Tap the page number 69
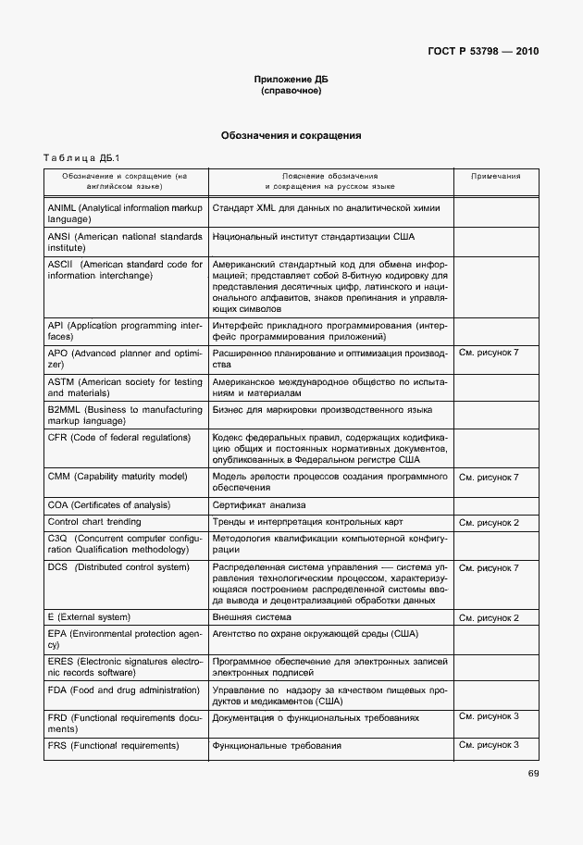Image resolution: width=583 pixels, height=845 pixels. click(x=533, y=774)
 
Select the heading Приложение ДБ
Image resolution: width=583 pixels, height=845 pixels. click(x=291, y=80)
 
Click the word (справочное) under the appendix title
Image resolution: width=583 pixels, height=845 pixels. click(x=291, y=91)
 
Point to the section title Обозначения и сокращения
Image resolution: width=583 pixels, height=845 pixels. click(x=291, y=136)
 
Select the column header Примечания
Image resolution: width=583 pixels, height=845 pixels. click(x=495, y=176)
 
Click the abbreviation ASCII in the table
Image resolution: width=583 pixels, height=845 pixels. click(x=59, y=265)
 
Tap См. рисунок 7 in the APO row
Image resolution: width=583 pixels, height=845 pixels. click(x=489, y=354)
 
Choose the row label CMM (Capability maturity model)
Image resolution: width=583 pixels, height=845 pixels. click(x=117, y=476)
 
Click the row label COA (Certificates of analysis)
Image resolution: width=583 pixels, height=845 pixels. click(x=109, y=505)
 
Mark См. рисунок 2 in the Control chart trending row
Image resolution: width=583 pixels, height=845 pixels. click(x=489, y=523)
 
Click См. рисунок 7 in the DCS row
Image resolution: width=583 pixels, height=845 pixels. click(x=489, y=567)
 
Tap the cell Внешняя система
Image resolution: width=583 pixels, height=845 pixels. click(x=252, y=617)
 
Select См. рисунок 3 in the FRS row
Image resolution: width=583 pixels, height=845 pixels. click(x=489, y=744)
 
